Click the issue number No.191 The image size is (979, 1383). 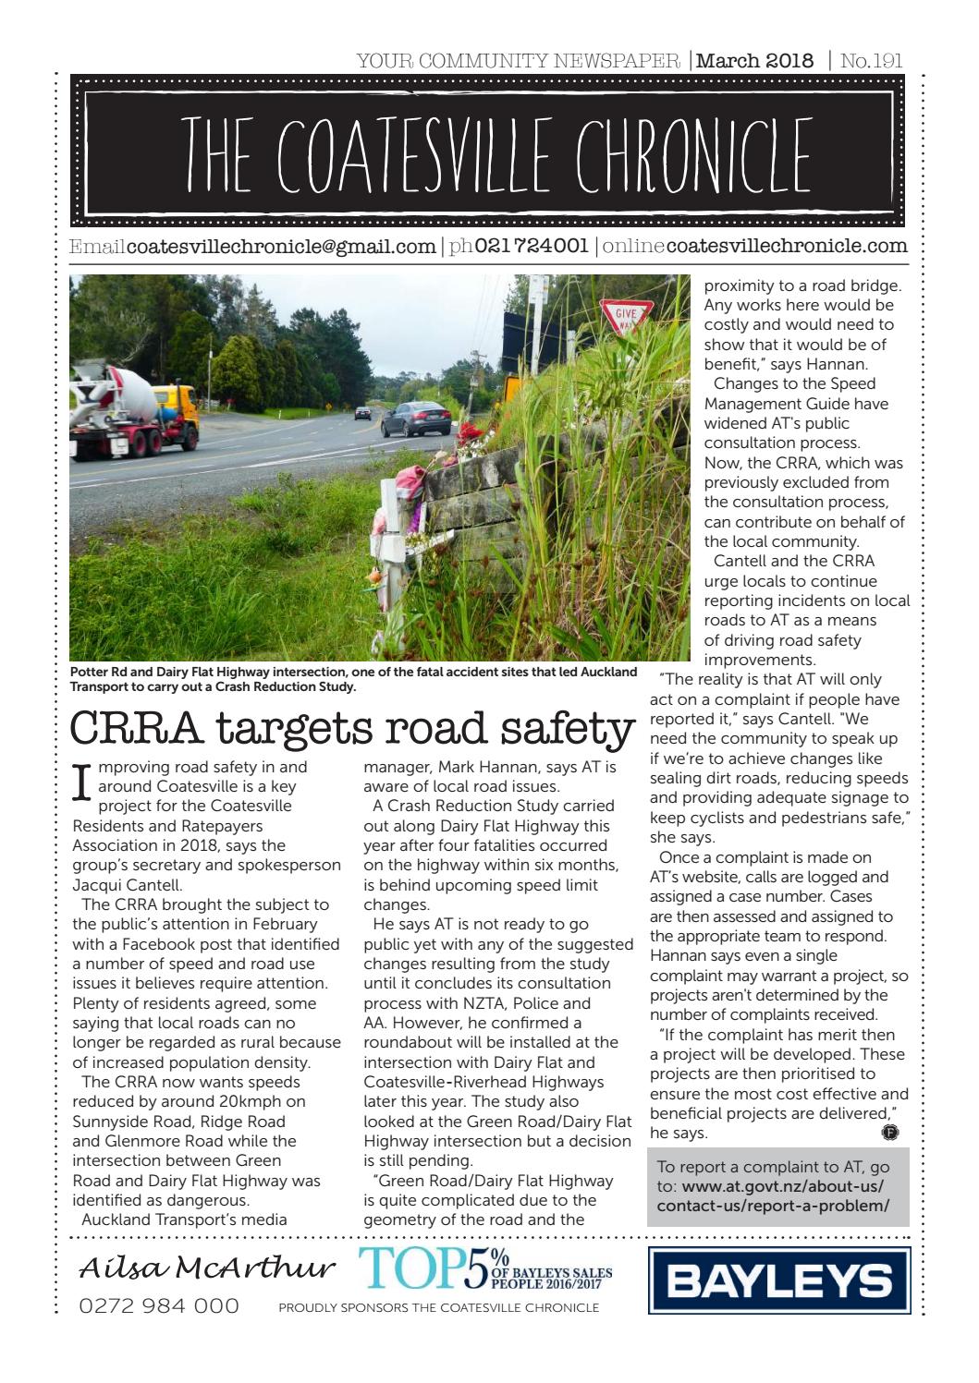pos(872,61)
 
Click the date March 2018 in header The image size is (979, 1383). pos(755,61)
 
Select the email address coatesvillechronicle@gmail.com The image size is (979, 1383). pos(280,247)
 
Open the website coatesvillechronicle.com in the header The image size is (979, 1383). pos(787,247)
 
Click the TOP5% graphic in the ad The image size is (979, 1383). pos(434,1269)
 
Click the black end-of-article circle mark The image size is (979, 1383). pos(890,1132)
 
